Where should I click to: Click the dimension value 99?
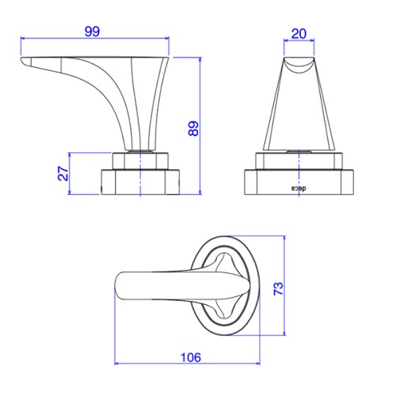[92, 32]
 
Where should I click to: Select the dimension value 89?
[193, 128]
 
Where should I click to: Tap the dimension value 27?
[63, 173]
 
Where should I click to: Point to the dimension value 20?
[299, 34]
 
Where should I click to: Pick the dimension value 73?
[278, 288]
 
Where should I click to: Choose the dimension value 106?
[191, 357]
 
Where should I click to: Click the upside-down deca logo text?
[299, 188]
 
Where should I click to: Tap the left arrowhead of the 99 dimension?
[23, 38]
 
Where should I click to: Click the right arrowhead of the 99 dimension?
[166, 38]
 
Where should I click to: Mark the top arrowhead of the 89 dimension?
[200, 59]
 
